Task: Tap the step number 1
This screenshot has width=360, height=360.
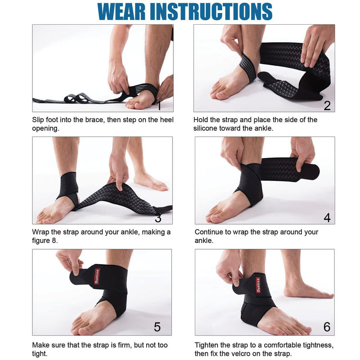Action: pyautogui.click(x=158, y=106)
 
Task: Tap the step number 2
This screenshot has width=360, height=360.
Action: pyautogui.click(x=327, y=106)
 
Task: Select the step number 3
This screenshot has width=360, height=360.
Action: pyautogui.click(x=158, y=218)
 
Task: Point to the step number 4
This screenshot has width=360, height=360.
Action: pyautogui.click(x=327, y=218)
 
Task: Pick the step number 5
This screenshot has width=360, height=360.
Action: pyautogui.click(x=157, y=327)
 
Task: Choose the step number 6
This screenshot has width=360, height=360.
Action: pyautogui.click(x=327, y=327)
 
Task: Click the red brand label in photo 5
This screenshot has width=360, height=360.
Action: pyautogui.click(x=97, y=276)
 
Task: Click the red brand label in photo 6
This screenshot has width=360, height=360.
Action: pyautogui.click(x=259, y=284)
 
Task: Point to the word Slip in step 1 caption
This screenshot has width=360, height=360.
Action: pyautogui.click(x=39, y=120)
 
